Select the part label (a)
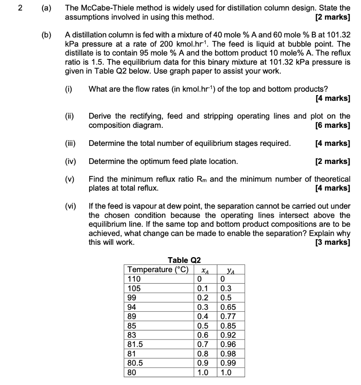tap(46, 8)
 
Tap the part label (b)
tap(46, 35)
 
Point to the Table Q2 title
tap(184, 260)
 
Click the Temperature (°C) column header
tap(158, 270)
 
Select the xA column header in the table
tap(205, 270)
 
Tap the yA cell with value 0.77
tap(228, 317)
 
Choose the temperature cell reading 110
tap(134, 279)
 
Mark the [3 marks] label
tap(333, 243)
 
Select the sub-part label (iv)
tap(70, 162)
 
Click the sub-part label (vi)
tap(70, 206)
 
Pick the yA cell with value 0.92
tap(228, 335)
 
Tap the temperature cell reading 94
tap(132, 307)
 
